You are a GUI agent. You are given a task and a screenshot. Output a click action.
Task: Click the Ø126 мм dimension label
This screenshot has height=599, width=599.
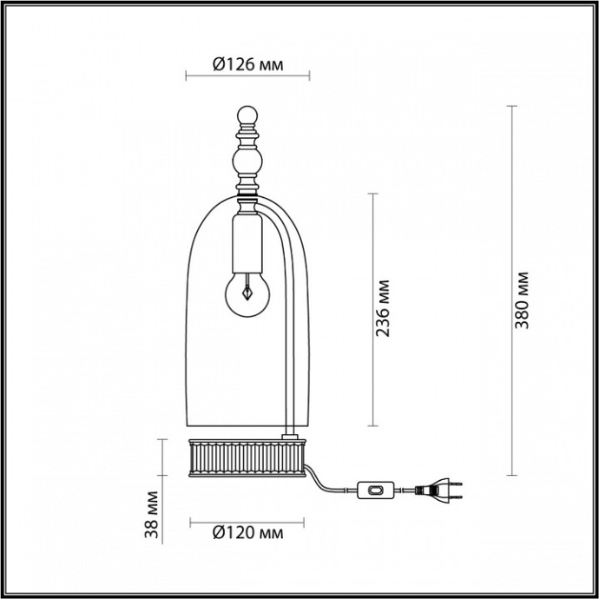coord(248,64)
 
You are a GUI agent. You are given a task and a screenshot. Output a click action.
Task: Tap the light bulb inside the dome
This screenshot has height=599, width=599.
coord(247,294)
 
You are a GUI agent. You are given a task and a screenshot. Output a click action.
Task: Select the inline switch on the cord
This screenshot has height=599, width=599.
coord(377,492)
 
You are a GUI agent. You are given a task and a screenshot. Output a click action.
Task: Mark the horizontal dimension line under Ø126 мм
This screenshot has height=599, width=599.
coord(248,77)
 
